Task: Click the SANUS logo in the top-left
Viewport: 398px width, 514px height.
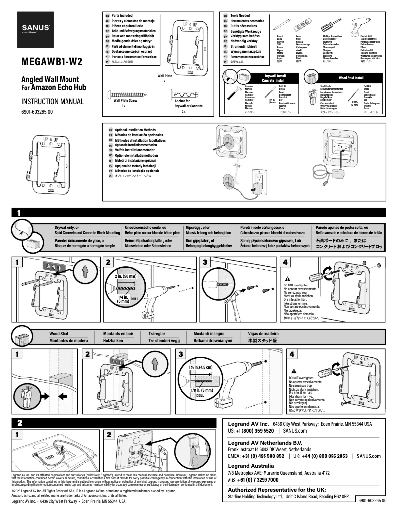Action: (35, 28)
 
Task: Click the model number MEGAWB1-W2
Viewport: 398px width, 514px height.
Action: (52, 63)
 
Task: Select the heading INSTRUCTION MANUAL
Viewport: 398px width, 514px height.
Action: (49, 101)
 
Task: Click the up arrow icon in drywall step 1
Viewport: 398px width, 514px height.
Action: (85, 271)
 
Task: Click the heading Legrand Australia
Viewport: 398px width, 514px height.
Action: (251, 466)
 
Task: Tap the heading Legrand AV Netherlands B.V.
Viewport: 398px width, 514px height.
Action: (265, 442)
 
